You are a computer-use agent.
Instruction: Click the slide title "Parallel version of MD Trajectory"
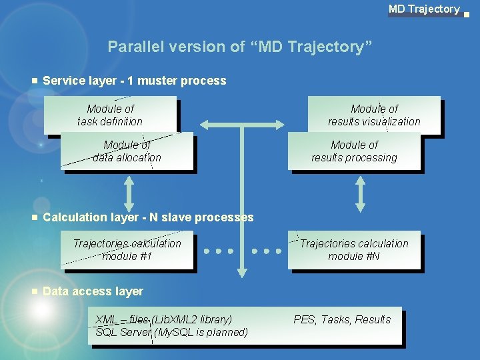pos(240,47)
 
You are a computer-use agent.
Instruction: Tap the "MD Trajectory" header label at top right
pos(424,9)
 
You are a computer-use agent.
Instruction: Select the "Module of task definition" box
pos(110,115)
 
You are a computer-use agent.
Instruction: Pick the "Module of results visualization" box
pos(374,115)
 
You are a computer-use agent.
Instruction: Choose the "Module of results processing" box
pos(354,151)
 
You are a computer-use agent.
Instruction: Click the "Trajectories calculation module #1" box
pos(127,250)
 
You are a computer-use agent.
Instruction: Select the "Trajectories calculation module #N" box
pos(354,250)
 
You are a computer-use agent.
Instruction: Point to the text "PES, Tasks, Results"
pos(342,319)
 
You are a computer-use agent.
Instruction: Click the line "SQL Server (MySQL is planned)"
pos(171,332)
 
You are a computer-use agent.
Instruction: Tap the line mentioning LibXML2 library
pos(164,319)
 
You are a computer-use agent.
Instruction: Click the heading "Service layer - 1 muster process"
pos(134,81)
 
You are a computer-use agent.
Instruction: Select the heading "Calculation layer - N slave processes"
pos(148,217)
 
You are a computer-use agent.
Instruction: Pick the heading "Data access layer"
pos(93,291)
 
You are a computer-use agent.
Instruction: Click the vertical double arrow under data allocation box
pos(129,193)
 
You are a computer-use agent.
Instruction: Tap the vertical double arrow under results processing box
pos(360,193)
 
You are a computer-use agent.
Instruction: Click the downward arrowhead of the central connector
pos(243,271)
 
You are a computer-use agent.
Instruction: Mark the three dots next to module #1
pos(219,251)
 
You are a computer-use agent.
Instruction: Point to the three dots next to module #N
pos(267,251)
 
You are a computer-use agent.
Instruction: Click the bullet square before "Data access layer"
pos(34,291)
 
